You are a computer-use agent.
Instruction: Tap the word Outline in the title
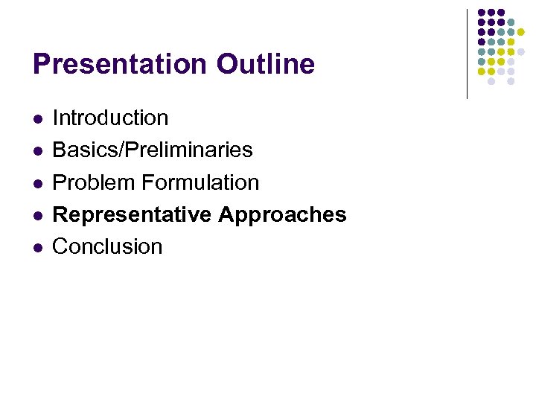[x=266, y=65]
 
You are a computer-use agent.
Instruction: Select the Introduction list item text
[x=110, y=118]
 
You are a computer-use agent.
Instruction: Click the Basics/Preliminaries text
[x=152, y=150]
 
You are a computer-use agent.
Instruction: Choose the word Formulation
[x=200, y=182]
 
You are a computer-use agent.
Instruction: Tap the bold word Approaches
[x=283, y=214]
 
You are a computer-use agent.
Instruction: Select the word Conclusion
[x=107, y=246]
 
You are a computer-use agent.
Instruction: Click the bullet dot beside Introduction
[x=37, y=118]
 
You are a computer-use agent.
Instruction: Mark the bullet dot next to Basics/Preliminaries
[x=37, y=150]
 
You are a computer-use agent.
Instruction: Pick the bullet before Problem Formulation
[x=37, y=183]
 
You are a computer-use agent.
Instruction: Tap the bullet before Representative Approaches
[x=37, y=215]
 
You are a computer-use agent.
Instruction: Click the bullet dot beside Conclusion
[x=37, y=247]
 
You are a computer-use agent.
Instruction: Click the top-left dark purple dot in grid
[x=482, y=13]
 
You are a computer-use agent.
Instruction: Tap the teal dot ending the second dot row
[x=511, y=22]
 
